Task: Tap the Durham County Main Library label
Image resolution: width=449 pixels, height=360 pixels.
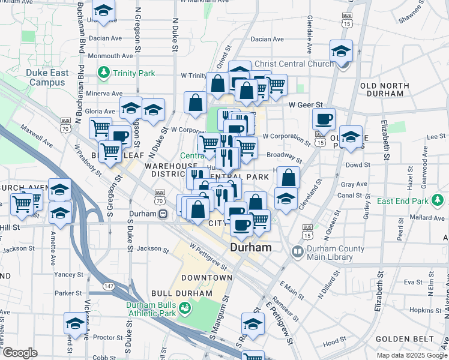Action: pyautogui.click(x=336, y=253)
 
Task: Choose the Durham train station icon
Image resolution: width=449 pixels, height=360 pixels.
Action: pyautogui.click(x=163, y=214)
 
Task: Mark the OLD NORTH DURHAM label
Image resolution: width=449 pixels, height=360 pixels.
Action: pyautogui.click(x=385, y=89)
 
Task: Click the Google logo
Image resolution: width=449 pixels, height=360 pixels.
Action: pyautogui.click(x=20, y=353)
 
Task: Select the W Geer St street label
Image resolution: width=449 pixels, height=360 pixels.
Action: pyautogui.click(x=306, y=104)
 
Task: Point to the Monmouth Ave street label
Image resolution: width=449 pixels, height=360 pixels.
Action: pyautogui.click(x=110, y=56)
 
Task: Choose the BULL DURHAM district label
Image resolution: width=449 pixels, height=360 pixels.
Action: pyautogui.click(x=182, y=293)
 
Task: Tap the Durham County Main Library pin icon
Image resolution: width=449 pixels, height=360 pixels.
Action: pyautogui.click(x=297, y=253)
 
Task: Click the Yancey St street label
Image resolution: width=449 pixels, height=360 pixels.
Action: pyautogui.click(x=65, y=274)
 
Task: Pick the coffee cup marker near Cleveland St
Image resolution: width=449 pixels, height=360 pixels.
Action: pyautogui.click(x=324, y=119)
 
